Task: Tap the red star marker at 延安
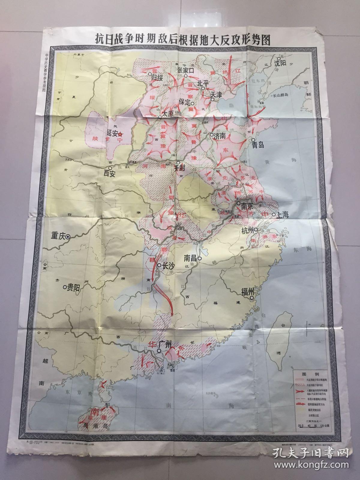pyautogui.click(x=120, y=135)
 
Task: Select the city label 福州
pyautogui.click(x=247, y=291)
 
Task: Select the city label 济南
pyautogui.click(x=221, y=135)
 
